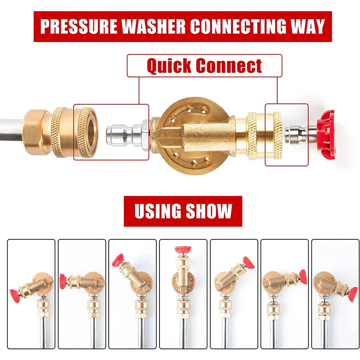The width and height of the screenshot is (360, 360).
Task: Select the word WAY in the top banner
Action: click(307, 27)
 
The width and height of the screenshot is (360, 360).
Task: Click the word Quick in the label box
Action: click(169, 66)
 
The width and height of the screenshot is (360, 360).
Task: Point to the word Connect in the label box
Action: click(229, 66)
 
